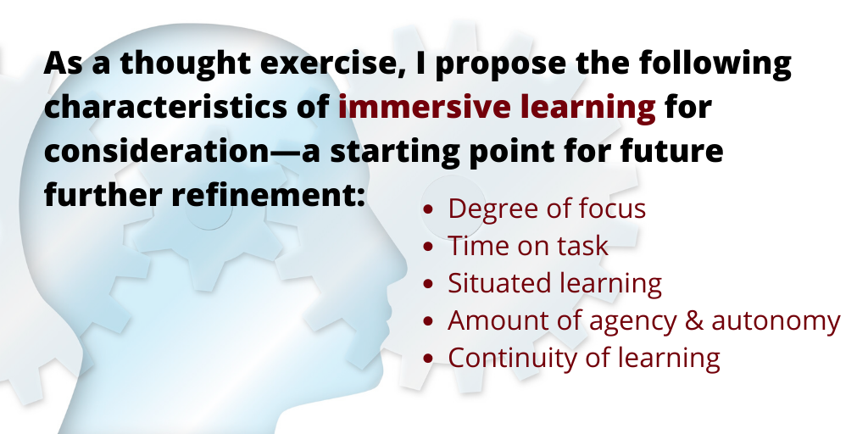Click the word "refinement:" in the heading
(x=268, y=195)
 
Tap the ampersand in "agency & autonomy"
(x=693, y=320)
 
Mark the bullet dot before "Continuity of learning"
(x=427, y=359)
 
